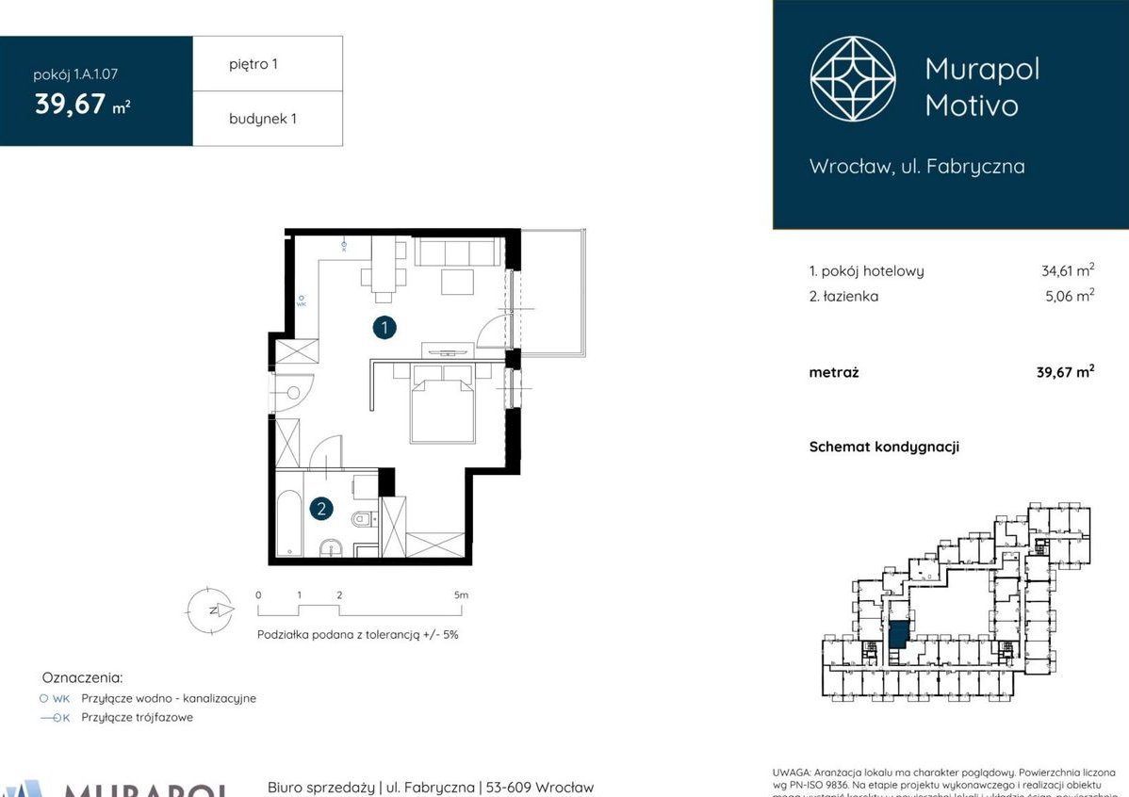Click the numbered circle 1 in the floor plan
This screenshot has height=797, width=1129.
click(x=384, y=328)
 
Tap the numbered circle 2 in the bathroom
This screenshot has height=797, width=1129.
click(x=321, y=510)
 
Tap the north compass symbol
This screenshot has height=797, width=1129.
click(x=210, y=610)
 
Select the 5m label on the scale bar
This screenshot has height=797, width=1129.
click(x=461, y=595)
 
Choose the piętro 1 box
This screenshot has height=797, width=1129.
click(x=268, y=64)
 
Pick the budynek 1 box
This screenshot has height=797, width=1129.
click(x=268, y=119)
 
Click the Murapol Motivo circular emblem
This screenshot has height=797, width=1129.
click(x=853, y=79)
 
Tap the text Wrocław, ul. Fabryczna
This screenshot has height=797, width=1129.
click(x=917, y=167)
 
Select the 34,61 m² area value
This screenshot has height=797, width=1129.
click(x=1067, y=271)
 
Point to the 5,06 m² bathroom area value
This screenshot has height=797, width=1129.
click(x=1071, y=296)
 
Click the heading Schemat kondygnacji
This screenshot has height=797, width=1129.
click(x=884, y=447)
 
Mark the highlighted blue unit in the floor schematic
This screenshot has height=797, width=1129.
click(x=899, y=634)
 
